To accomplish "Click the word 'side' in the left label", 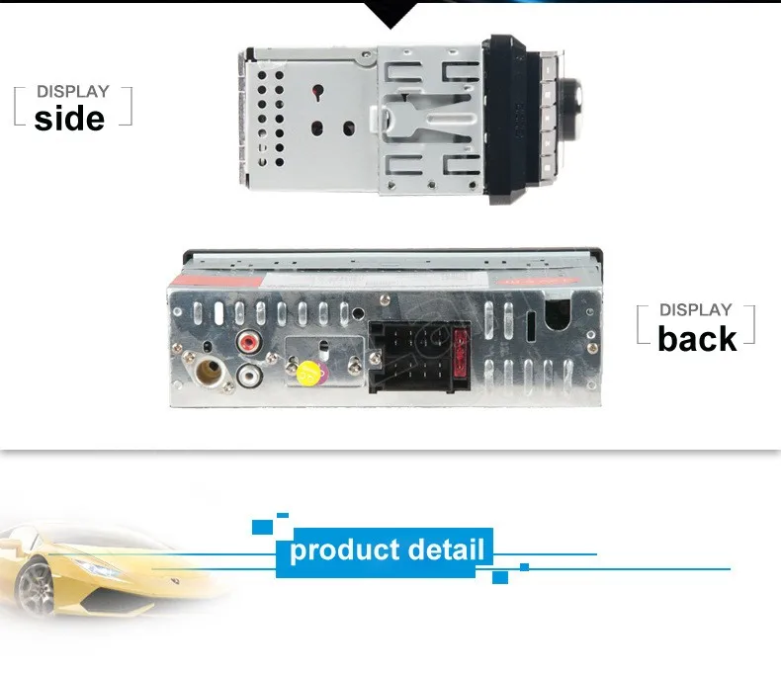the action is pos(69,119).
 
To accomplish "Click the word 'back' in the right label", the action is pos(697,339).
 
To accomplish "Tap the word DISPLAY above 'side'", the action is pos(72,92).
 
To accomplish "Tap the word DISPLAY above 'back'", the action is pos(696,310).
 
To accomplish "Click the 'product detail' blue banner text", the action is pos(388,549).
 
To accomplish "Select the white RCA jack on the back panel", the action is pos(249,376).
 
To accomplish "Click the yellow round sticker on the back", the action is pos(310,374).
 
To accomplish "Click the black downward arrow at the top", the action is pos(390,15).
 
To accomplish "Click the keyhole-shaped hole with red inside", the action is pos(317,92).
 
